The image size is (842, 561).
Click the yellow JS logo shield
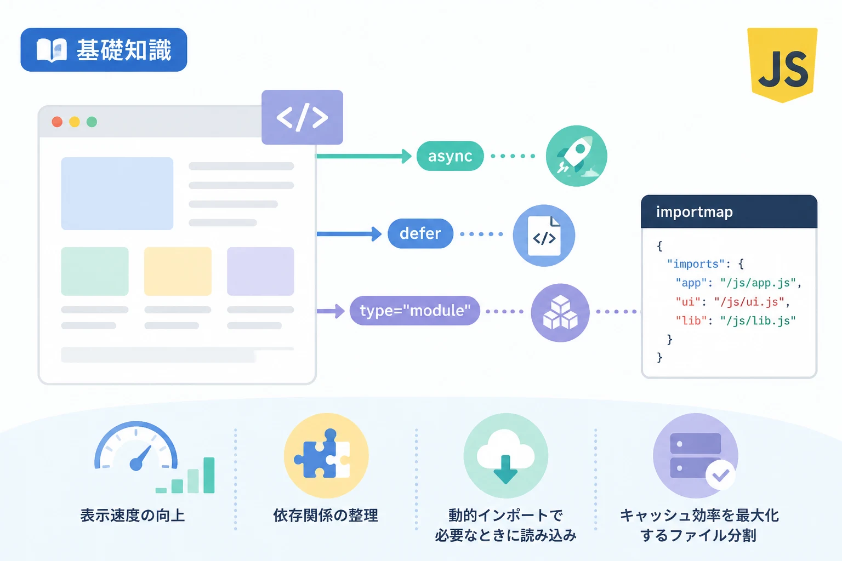782,65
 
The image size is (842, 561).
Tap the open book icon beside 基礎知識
52,50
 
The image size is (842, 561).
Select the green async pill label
450,156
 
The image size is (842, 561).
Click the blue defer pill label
420,233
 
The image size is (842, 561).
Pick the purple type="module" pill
415,311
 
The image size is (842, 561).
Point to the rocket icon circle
576,156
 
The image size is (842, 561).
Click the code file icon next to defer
544,236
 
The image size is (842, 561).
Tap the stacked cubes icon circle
560,313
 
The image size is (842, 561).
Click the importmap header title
695,212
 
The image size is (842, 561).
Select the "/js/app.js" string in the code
758,283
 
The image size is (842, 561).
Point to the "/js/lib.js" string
758,320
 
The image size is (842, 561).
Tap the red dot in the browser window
57,122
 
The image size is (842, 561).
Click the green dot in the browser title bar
92,122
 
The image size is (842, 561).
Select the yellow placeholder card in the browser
178,271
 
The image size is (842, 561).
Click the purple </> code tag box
302,117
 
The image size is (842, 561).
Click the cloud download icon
505,455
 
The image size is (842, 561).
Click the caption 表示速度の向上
133,516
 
